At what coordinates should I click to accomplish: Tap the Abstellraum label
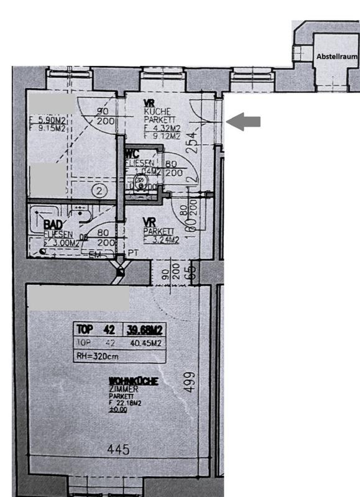337,57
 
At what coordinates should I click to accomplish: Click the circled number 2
98,191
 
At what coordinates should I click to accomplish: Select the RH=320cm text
96,356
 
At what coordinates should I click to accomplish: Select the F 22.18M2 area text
124,403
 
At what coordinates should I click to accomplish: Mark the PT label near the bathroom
133,253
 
